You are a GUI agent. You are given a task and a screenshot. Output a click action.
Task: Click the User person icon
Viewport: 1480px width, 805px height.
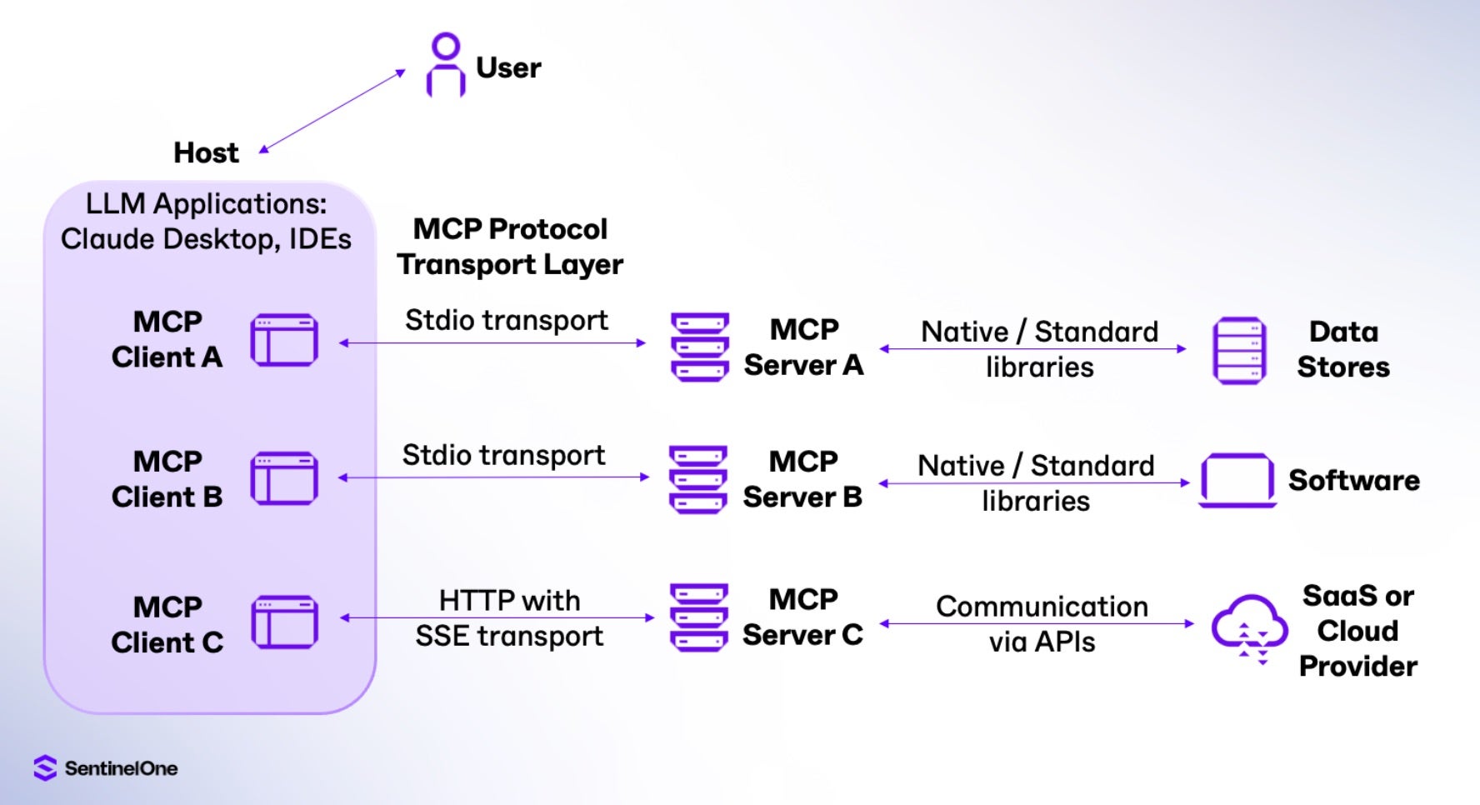coord(446,65)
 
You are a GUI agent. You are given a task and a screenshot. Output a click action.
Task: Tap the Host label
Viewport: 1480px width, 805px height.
coord(206,152)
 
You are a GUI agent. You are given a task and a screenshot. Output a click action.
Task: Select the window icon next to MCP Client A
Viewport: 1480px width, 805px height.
coord(284,340)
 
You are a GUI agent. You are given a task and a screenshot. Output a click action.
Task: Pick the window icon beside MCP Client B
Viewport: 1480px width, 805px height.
coord(284,478)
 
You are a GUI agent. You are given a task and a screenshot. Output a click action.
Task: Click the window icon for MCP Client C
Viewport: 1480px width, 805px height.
coord(284,622)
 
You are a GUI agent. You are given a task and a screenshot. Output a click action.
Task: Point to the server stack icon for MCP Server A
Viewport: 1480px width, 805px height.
coord(700,347)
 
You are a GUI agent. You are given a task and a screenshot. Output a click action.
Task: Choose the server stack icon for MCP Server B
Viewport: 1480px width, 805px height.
coord(698,479)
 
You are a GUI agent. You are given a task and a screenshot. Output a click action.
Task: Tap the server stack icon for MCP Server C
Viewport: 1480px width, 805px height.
coord(699,617)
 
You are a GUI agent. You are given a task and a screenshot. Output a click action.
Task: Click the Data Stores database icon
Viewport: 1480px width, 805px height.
coord(1239,350)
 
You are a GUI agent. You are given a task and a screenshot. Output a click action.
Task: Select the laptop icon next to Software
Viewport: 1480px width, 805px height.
coord(1237,481)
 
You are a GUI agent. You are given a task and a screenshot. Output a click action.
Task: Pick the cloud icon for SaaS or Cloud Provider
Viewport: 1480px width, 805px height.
coord(1248,627)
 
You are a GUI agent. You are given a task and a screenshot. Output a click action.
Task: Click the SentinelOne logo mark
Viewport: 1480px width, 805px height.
coord(45,767)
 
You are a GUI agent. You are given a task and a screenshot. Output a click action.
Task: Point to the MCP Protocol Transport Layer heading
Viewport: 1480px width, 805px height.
coord(510,247)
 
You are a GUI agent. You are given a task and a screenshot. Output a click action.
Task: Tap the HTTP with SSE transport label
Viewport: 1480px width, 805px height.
coord(509,618)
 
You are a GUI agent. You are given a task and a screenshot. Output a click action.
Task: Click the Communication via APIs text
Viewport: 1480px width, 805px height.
coord(1042,624)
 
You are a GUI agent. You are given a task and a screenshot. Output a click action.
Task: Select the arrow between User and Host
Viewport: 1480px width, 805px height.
coord(333,111)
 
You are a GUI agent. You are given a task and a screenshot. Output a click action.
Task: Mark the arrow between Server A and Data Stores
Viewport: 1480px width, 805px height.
coord(1033,349)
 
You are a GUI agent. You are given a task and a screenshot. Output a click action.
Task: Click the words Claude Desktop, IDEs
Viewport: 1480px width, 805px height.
coord(206,239)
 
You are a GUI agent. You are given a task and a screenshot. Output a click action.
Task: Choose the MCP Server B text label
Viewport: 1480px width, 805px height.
coord(802,479)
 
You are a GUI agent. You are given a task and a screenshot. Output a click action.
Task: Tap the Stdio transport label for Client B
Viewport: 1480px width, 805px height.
coord(503,455)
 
